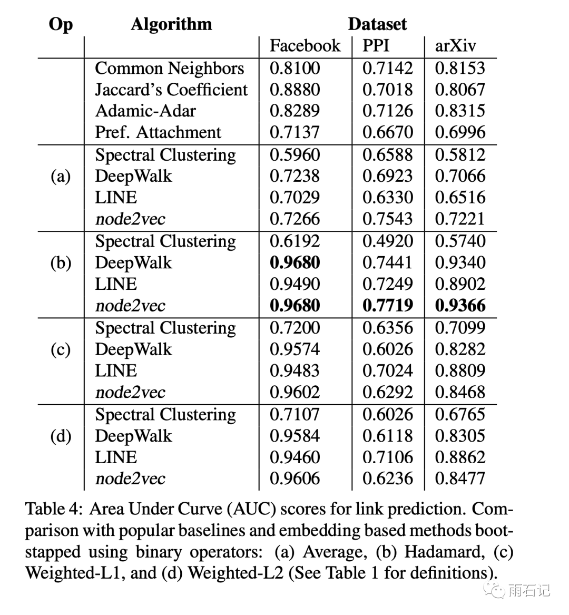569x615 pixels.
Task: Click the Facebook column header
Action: click(x=305, y=46)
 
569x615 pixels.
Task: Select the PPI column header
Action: click(x=376, y=46)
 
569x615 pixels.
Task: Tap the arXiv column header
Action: click(x=455, y=46)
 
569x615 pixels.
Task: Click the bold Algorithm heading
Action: click(x=171, y=24)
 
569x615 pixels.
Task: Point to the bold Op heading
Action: click(x=61, y=24)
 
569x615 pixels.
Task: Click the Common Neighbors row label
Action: click(x=169, y=68)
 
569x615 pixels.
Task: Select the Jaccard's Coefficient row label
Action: click(x=171, y=90)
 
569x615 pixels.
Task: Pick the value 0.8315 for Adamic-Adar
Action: click(x=460, y=111)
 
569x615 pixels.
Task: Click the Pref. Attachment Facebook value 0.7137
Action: click(x=295, y=132)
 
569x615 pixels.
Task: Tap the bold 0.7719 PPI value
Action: click(x=388, y=306)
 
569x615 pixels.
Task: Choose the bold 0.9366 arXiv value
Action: click(x=460, y=306)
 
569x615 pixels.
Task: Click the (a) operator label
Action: click(x=61, y=176)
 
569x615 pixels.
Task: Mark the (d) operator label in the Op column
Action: click(x=61, y=436)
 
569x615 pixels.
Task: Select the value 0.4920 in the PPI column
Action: click(x=387, y=241)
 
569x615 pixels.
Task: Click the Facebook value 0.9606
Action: click(x=295, y=479)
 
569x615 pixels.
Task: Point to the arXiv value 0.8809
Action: click(x=460, y=370)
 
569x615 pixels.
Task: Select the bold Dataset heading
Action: click(x=377, y=24)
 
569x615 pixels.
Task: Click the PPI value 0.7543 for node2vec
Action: click(x=387, y=219)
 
